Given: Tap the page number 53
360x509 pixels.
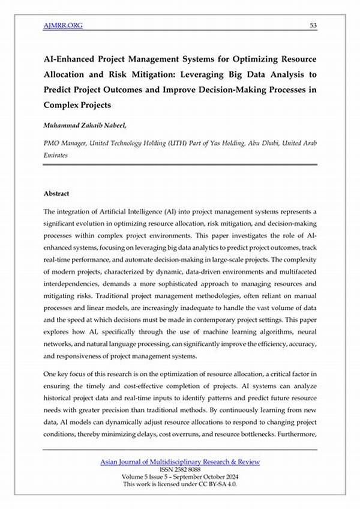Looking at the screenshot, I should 313,25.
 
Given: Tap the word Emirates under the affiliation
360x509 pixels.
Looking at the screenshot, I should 55,155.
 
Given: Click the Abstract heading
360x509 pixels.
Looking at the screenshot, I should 56,194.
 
